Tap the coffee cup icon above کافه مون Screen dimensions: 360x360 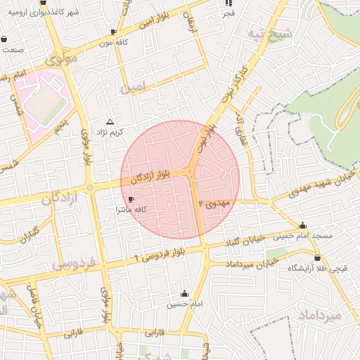pos(114,32)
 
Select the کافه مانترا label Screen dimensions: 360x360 pos(130,210)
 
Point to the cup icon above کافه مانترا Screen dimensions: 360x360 pos(131,200)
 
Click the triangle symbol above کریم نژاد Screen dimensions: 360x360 pos(109,122)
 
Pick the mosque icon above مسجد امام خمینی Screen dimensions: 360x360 pos(303,226)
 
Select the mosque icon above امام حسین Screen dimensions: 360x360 pos(185,293)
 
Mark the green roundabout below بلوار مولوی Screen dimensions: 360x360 pos(90,188)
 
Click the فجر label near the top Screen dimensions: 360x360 pos(229,14)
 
